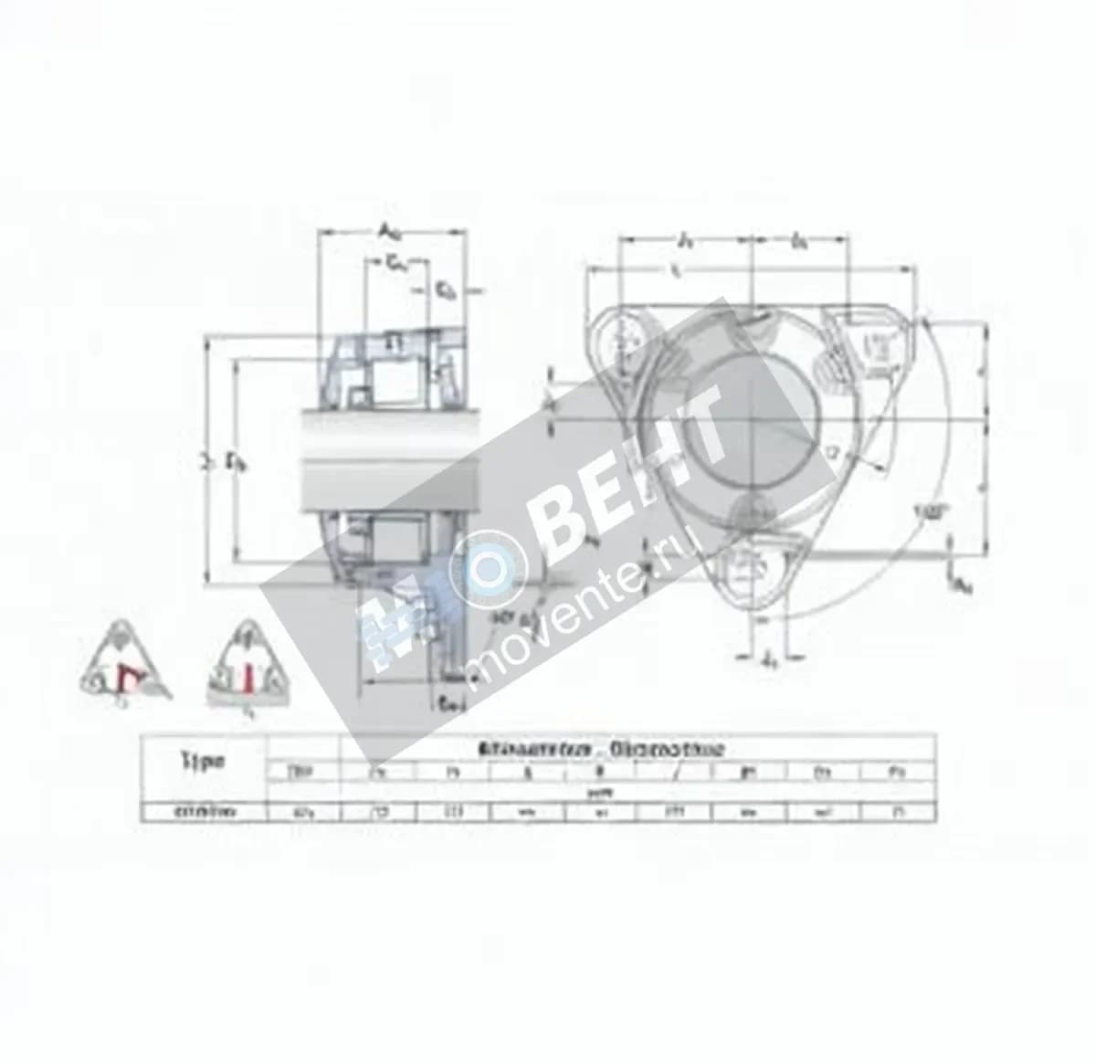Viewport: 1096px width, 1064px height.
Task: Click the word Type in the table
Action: [202, 761]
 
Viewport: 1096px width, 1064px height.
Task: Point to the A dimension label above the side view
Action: [388, 231]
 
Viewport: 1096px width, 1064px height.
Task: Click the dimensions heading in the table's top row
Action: [601, 749]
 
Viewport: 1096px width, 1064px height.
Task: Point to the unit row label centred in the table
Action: [601, 793]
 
